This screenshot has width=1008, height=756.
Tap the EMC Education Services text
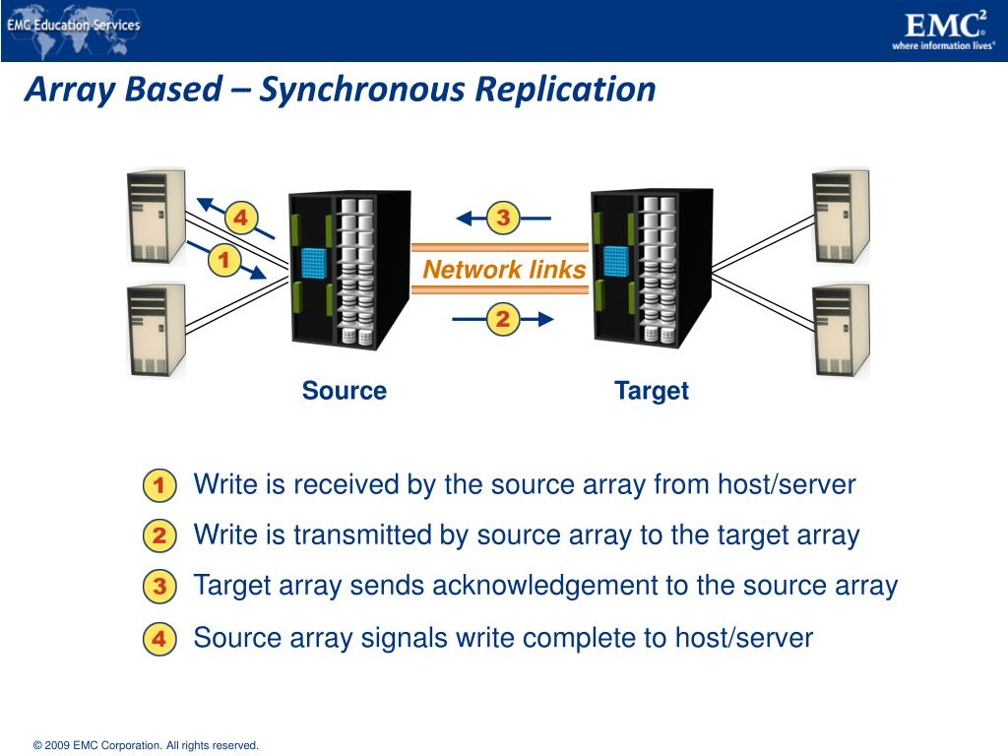pyautogui.click(x=74, y=26)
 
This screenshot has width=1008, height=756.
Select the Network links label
pyautogui.click(x=504, y=270)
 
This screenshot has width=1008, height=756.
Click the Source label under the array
pyautogui.click(x=344, y=391)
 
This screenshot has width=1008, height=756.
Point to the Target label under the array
pyautogui.click(x=651, y=391)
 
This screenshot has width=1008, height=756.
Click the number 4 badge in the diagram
pyautogui.click(x=239, y=217)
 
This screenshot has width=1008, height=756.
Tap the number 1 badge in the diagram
pyautogui.click(x=224, y=261)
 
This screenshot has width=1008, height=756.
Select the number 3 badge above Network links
pyautogui.click(x=502, y=218)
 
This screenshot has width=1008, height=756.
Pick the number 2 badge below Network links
pyautogui.click(x=502, y=319)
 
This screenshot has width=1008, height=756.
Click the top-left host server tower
pyautogui.click(x=156, y=217)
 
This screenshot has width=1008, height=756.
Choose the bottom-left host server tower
pyautogui.click(x=156, y=330)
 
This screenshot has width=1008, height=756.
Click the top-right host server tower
pyautogui.click(x=841, y=217)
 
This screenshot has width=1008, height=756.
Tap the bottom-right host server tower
pyautogui.click(x=841, y=330)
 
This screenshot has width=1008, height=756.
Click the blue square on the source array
pyautogui.click(x=314, y=262)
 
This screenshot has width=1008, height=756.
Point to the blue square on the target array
pyautogui.click(x=616, y=261)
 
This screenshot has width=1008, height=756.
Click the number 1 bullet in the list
pyautogui.click(x=158, y=485)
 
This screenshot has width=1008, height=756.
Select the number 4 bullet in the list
pyautogui.click(x=158, y=639)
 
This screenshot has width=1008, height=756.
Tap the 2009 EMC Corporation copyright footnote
pyautogui.click(x=146, y=745)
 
